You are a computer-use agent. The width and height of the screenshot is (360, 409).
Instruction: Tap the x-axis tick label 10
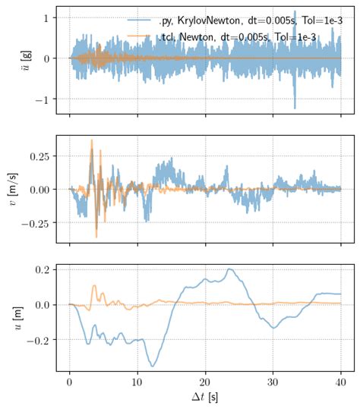(137, 382)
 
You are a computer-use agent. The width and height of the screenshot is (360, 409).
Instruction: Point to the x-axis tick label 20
(205, 382)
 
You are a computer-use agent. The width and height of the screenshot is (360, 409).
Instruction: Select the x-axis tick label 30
(273, 382)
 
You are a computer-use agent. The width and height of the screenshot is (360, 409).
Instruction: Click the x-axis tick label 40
(340, 382)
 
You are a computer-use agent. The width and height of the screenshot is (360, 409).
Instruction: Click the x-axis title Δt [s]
(205, 398)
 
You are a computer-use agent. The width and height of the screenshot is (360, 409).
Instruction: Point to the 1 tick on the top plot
(47, 17)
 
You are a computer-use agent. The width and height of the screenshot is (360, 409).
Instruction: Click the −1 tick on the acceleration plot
(43, 100)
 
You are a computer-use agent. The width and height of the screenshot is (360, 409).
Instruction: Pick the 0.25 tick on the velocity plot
(39, 156)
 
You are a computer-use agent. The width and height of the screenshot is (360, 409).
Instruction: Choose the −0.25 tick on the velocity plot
(35, 223)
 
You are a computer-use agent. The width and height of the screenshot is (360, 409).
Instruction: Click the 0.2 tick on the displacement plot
(42, 269)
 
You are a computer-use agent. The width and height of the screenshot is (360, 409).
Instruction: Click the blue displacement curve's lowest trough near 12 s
(153, 367)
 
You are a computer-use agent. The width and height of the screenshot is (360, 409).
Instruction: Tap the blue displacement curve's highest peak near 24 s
(230, 269)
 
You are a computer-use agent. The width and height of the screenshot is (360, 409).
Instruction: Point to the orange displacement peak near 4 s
(94, 286)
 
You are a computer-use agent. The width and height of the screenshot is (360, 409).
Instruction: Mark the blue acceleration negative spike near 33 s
(295, 109)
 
